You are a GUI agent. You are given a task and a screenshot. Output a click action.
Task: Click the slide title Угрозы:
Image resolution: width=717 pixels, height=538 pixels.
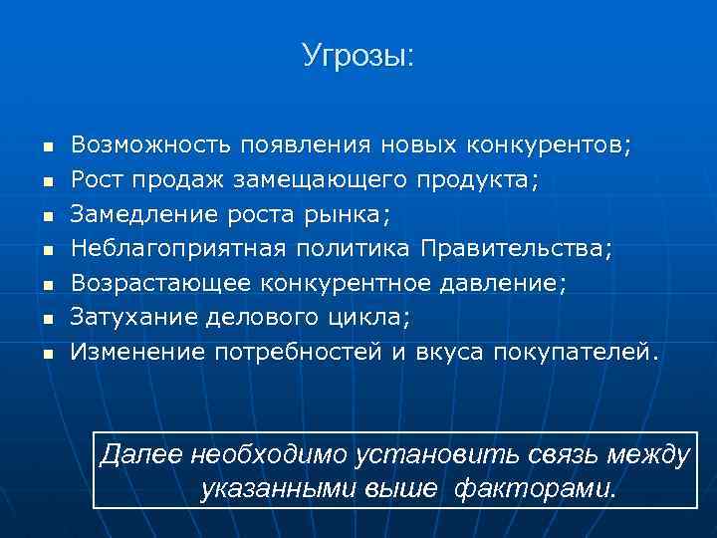[358, 56]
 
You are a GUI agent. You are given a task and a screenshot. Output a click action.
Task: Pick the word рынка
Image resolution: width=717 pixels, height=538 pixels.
[353, 213]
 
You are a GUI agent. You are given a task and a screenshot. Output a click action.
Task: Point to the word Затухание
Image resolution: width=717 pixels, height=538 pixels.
[134, 317]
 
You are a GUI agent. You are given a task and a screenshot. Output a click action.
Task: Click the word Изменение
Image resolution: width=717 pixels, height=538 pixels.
[136, 351]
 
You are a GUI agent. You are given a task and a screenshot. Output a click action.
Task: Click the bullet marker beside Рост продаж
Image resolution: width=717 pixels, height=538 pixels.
[46, 181]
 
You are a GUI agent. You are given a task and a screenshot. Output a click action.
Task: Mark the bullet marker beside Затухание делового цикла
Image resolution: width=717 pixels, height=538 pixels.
[46, 319]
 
